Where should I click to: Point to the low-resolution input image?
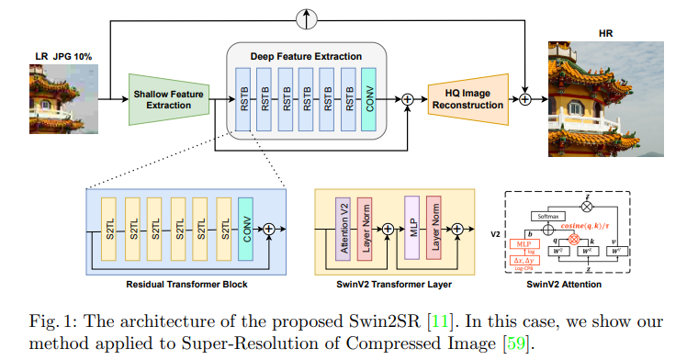pyautogui.click(x=57, y=103)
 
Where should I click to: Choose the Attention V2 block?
pyautogui.click(x=343, y=229)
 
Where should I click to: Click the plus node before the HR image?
pyautogui.click(x=525, y=97)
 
